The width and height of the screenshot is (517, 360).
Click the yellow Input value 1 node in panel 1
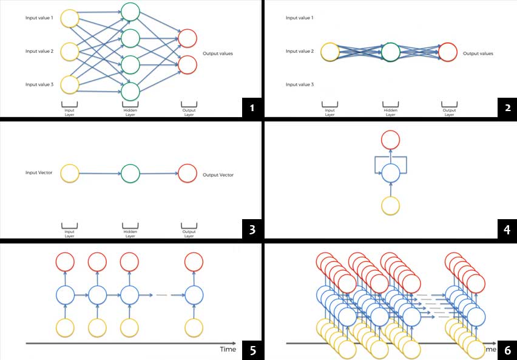[x=70, y=18]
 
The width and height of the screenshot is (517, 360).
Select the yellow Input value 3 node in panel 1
[x=70, y=84]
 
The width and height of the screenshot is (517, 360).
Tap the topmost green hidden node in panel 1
[x=130, y=12]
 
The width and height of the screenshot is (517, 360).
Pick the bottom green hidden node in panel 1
[x=130, y=91]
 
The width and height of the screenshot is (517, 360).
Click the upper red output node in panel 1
[x=188, y=38]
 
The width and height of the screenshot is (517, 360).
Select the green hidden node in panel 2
[x=390, y=52]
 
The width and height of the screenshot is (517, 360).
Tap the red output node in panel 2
[x=447, y=52]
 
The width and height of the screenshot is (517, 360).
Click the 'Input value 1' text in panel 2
[x=300, y=18]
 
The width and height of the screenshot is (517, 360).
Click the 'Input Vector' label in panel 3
[x=39, y=173]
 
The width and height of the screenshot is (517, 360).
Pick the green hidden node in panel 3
[x=130, y=174]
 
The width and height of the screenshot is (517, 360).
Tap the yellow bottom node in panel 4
[x=391, y=205]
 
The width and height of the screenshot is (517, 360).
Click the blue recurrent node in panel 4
[x=391, y=172]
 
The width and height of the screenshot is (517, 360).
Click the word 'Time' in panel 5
[x=228, y=350]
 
